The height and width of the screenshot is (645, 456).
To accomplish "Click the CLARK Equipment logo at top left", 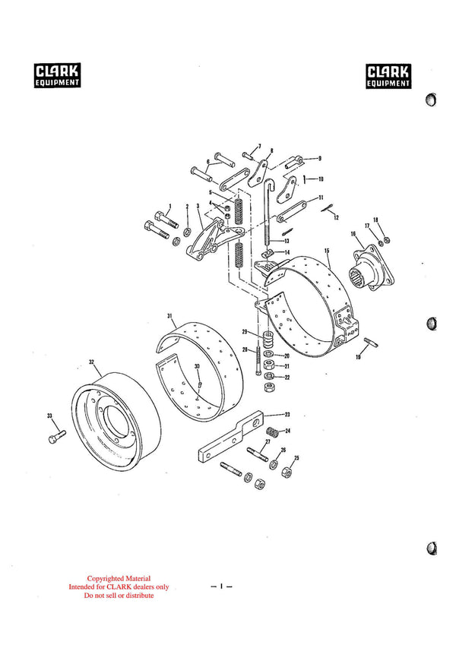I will click(58, 75).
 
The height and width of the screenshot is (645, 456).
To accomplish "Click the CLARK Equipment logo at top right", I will click(389, 75).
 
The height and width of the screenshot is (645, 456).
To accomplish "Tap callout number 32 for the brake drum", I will click(91, 362).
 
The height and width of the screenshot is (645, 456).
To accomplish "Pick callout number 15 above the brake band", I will click(326, 250).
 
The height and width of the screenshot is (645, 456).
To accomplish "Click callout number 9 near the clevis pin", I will click(320, 158).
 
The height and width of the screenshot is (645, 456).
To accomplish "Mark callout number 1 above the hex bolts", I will click(170, 206).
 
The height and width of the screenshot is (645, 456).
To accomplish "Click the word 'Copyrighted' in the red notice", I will click(108, 579).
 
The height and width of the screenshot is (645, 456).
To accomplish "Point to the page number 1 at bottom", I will click(220, 586).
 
